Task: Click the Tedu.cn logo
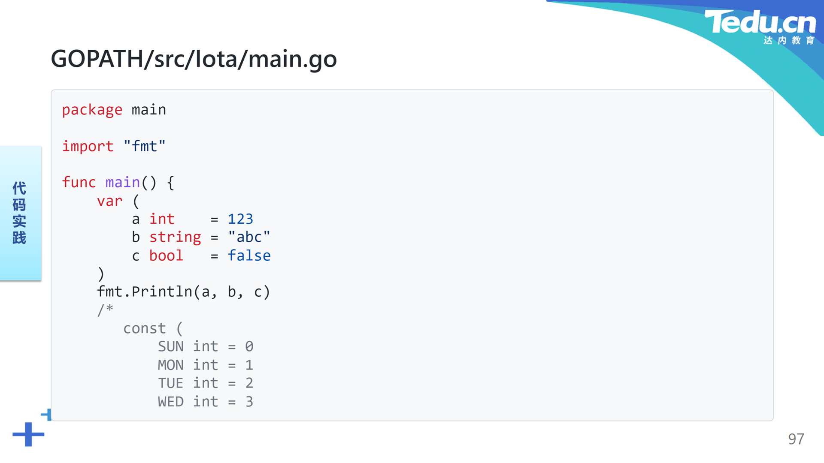pyautogui.click(x=760, y=27)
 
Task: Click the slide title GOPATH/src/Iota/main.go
pyautogui.click(x=194, y=59)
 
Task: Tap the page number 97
pyautogui.click(x=796, y=439)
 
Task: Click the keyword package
pyautogui.click(x=92, y=110)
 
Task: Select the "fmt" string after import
pyautogui.click(x=145, y=146)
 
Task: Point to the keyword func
pyautogui.click(x=79, y=182)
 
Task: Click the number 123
pyautogui.click(x=240, y=219)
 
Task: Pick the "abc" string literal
pyautogui.click(x=249, y=237)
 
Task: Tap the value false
pyautogui.click(x=249, y=256)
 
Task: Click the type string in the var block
pyautogui.click(x=175, y=238)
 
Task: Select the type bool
pyautogui.click(x=166, y=256)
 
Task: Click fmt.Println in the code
pyautogui.click(x=145, y=292)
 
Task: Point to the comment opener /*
pyautogui.click(x=105, y=310)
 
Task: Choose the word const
pyautogui.click(x=145, y=328)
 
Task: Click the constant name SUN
pyautogui.click(x=171, y=346)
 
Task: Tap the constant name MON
pyautogui.click(x=171, y=365)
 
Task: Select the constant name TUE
pyautogui.click(x=171, y=383)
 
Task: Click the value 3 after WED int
pyautogui.click(x=249, y=402)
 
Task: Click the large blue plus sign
pyautogui.click(x=28, y=434)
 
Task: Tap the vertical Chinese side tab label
pyautogui.click(x=19, y=213)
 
